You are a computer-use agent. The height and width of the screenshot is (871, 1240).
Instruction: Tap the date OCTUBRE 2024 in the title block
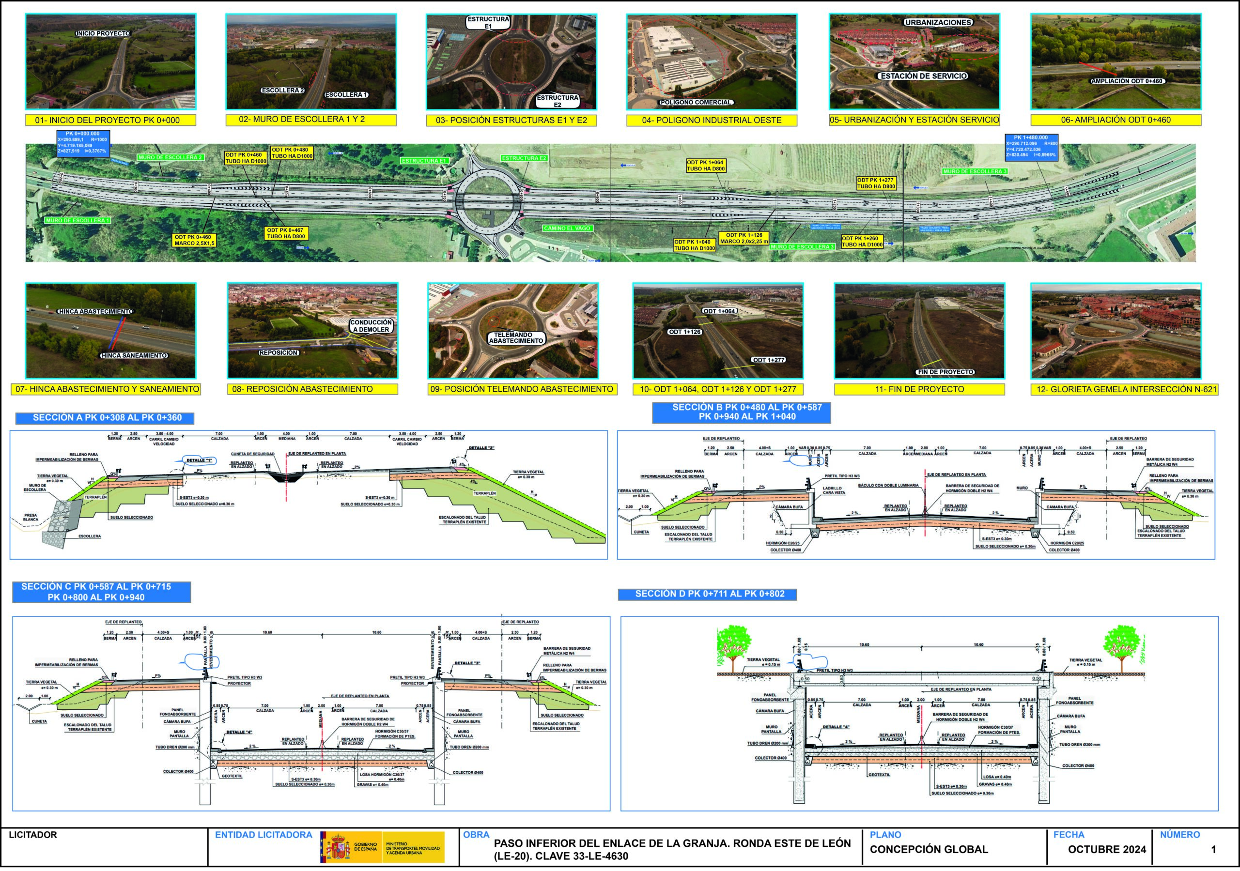tap(1107, 849)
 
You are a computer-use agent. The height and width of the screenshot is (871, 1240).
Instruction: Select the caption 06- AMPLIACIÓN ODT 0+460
tap(1116, 120)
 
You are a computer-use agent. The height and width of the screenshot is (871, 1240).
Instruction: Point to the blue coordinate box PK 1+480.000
tap(1031, 147)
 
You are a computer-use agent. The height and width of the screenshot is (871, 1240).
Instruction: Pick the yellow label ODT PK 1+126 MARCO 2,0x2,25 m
tap(744, 238)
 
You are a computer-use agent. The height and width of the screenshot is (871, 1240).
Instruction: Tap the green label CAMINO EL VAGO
tap(567, 229)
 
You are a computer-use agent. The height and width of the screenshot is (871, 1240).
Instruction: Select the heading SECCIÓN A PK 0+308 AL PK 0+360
tap(107, 417)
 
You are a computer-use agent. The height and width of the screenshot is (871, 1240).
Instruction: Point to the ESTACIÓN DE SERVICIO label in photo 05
tap(924, 76)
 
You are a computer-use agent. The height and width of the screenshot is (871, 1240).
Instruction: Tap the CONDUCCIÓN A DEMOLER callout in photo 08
tap(371, 326)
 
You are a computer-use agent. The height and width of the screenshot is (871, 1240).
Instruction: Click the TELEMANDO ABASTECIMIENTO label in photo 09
tap(516, 338)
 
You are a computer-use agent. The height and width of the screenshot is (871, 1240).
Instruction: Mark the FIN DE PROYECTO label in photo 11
tap(945, 372)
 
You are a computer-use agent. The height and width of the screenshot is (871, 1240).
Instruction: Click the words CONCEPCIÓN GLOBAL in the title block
tap(929, 849)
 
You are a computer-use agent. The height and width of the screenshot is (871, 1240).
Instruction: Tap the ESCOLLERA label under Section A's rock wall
tap(90, 536)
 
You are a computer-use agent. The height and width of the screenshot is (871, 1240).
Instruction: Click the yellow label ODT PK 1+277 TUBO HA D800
tap(876, 183)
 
